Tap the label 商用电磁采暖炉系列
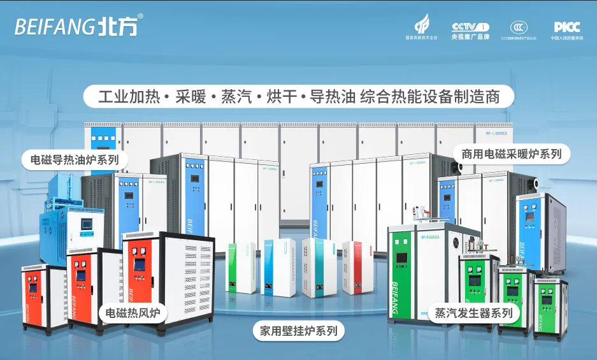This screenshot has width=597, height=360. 512,154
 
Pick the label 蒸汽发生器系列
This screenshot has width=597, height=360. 473,313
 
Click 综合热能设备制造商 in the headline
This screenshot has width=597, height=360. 428,97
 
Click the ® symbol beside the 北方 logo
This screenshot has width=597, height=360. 140,16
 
